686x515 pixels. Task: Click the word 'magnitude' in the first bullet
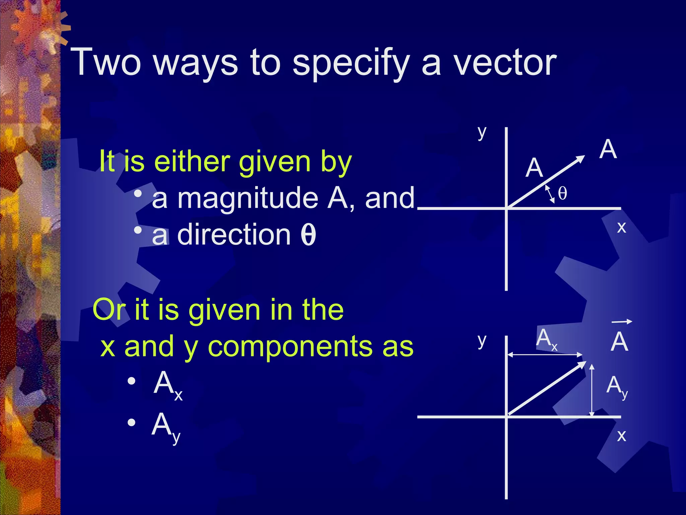[x=248, y=198]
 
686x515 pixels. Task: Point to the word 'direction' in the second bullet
[x=234, y=234]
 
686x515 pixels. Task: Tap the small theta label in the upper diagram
[x=562, y=193]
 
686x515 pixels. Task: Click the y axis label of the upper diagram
[x=482, y=133]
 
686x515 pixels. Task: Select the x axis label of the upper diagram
[x=621, y=227]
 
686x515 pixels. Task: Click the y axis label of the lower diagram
[x=482, y=341]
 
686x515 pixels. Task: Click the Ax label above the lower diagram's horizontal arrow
[x=546, y=339]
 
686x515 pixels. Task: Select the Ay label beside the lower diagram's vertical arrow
[x=617, y=386]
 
